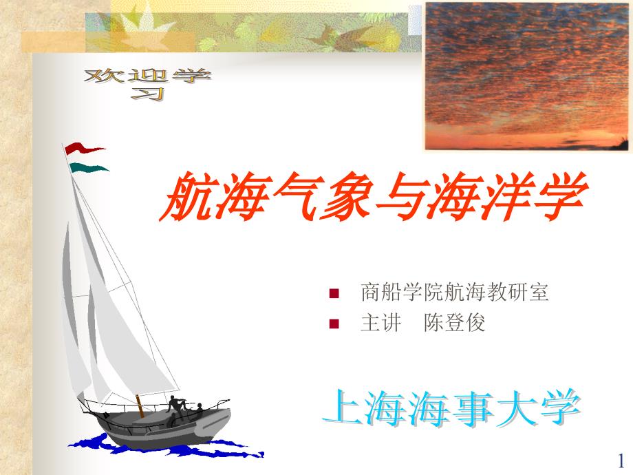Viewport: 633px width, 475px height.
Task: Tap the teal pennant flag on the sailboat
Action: tap(89, 167)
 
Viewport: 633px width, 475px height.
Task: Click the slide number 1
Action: tap(621, 461)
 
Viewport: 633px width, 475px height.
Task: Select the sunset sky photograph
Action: tap(526, 76)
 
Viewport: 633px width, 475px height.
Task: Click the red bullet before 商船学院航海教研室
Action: tap(334, 293)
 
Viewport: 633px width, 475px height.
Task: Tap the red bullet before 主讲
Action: tap(334, 324)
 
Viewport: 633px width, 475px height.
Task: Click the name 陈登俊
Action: tap(454, 323)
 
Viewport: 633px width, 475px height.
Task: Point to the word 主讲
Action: tap(381, 323)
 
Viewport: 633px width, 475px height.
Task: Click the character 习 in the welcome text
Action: tap(148, 94)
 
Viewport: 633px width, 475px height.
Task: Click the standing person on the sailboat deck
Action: tap(176, 405)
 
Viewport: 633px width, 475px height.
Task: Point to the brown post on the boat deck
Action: tap(140, 405)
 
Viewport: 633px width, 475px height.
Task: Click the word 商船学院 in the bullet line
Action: tap(403, 292)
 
